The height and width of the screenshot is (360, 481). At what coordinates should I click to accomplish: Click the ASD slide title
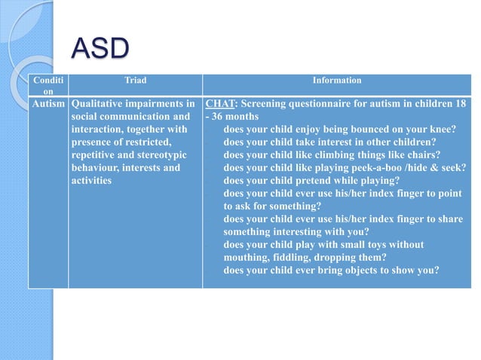[x=100, y=50]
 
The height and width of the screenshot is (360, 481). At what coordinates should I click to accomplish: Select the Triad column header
[x=135, y=80]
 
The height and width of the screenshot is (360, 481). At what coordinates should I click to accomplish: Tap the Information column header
[x=337, y=80]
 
